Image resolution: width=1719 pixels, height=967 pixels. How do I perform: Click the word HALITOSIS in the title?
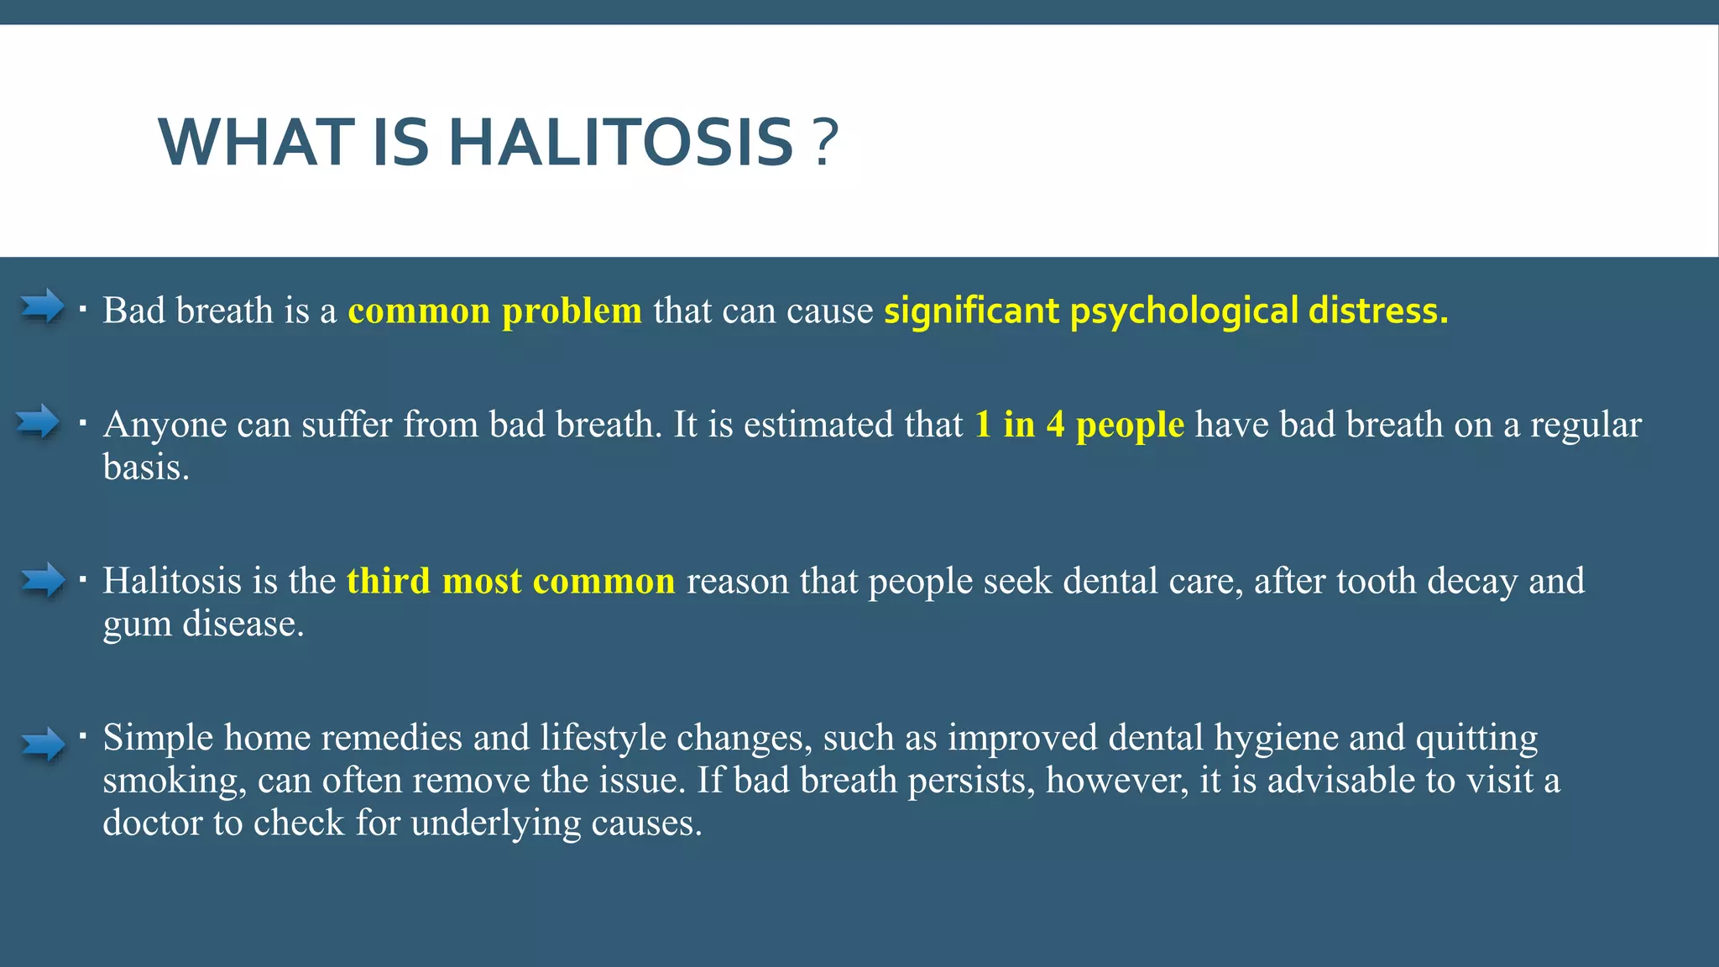pos(621,143)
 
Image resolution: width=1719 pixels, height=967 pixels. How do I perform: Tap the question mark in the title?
pos(826,143)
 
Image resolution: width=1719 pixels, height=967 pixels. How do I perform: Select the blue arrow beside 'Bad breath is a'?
pos(42,306)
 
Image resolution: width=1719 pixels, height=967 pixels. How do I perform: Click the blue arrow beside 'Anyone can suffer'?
pos(38,421)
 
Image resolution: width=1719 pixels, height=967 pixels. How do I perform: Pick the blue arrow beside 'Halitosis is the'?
pos(42,579)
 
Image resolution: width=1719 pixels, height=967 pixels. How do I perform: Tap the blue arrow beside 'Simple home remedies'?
pos(42,744)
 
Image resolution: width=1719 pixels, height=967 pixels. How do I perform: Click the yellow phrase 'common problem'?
pos(494,311)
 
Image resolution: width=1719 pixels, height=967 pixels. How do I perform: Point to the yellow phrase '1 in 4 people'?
pos(1079,425)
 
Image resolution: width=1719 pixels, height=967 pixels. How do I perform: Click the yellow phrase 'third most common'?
pos(510,581)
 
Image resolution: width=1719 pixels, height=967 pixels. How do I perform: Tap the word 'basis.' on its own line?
pos(146,468)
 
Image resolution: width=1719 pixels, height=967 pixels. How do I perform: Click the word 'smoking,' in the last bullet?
pos(174,781)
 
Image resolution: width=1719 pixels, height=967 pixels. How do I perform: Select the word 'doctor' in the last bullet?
pos(152,823)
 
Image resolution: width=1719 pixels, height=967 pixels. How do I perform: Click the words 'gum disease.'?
pos(203,625)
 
